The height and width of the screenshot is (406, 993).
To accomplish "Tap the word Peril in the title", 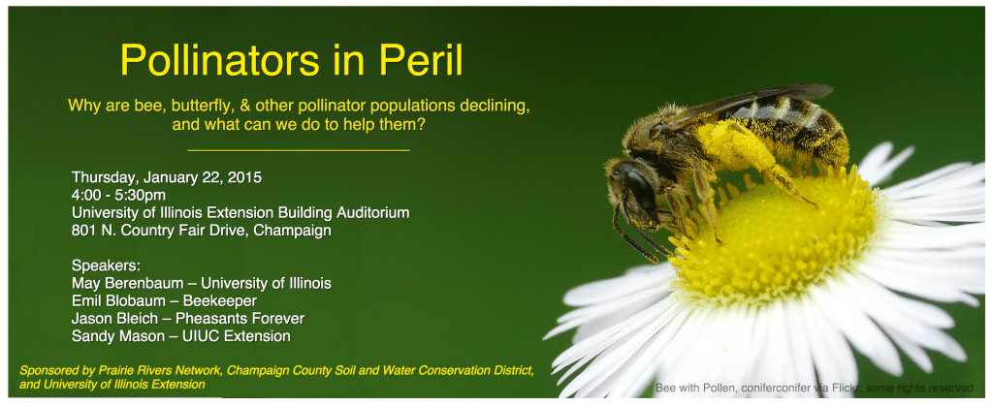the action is (421, 60).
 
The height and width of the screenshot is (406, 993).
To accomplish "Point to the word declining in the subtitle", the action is (492, 105).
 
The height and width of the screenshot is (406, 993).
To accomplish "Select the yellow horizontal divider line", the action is (299, 151).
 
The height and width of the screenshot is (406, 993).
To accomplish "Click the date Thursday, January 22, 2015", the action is (167, 177).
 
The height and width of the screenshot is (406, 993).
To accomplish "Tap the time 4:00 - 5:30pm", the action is (119, 196).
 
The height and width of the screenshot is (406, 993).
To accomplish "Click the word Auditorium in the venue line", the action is (368, 212).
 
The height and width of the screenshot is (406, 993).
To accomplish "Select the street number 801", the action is (83, 231).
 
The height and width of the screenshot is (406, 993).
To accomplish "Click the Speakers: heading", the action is (106, 265).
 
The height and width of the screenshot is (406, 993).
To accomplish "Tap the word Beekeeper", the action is (220, 301).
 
